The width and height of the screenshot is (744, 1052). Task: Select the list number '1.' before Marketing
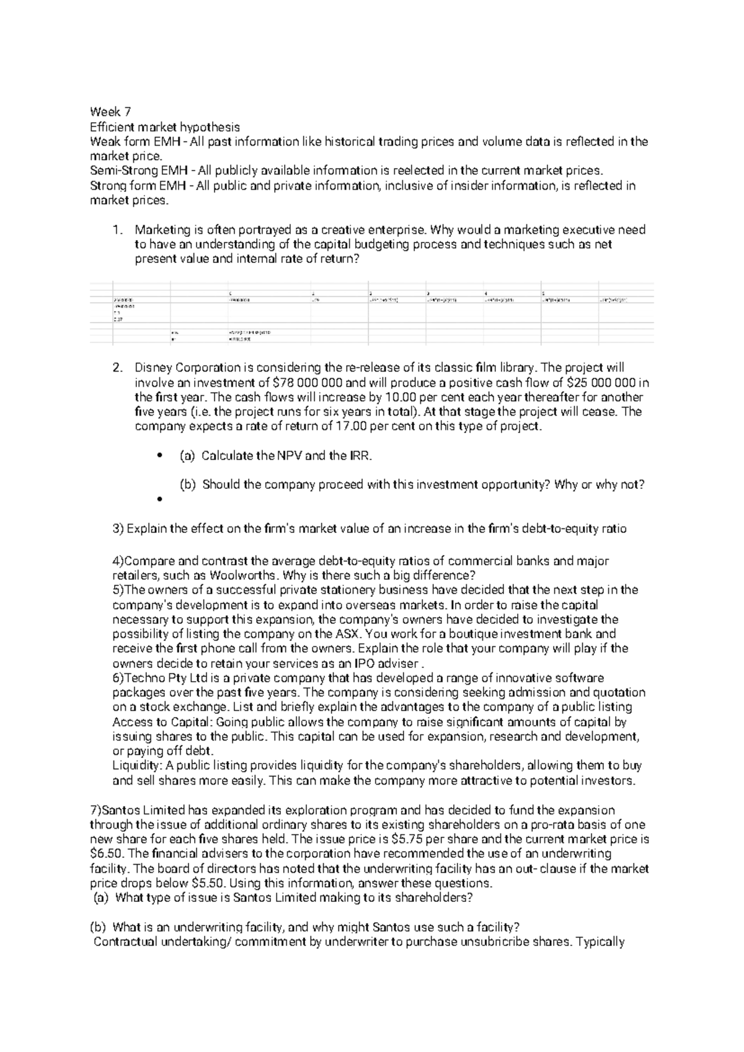(118, 230)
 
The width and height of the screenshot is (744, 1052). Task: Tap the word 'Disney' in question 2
(152, 367)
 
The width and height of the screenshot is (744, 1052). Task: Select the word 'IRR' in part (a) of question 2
(360, 456)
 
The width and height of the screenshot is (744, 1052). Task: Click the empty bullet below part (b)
(159, 499)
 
